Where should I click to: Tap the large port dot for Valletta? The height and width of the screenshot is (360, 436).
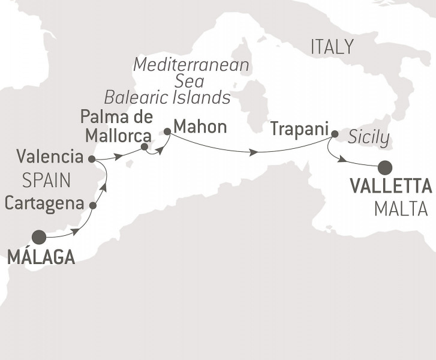384,166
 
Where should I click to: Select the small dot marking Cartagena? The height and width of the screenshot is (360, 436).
93,205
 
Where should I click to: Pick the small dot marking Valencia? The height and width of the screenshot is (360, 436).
91,159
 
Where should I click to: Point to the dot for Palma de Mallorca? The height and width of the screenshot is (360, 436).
144,146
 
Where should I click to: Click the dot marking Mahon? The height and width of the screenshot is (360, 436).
167,130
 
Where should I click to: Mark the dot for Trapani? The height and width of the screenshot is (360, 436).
335,134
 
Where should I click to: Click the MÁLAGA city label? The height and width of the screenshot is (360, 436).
41,259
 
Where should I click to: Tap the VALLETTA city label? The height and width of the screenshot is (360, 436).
390,187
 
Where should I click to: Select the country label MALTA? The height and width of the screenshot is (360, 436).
400,209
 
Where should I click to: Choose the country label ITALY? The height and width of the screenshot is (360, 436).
332,47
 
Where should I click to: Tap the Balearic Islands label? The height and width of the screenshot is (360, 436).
167,97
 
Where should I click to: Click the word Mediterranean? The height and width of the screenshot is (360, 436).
191,65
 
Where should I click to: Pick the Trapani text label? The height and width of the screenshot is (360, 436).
300,128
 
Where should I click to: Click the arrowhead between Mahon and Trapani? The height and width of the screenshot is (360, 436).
254,152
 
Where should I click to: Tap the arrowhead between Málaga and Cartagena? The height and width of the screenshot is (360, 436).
75,232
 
